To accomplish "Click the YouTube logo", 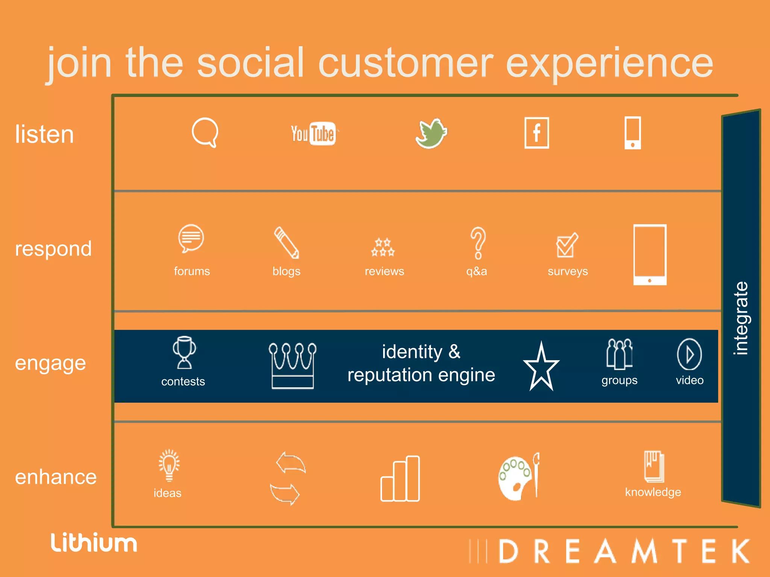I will tap(314, 134).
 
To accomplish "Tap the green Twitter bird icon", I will tap(431, 134).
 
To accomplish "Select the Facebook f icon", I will tap(537, 133).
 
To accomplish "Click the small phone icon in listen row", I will tap(632, 133).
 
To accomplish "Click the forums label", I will tap(192, 271).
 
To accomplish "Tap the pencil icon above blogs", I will tap(286, 243).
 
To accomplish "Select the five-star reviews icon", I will tap(383, 247).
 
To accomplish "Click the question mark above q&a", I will tap(478, 243).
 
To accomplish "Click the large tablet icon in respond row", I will tap(650, 255).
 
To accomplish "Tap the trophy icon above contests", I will tap(184, 352).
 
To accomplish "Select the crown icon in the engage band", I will tap(293, 365).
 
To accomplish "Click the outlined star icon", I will tap(541, 367).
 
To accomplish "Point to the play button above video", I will tap(689, 354).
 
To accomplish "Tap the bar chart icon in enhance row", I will tap(400, 479).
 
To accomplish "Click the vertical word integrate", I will tap(741, 318).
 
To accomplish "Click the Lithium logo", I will tap(94, 543).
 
